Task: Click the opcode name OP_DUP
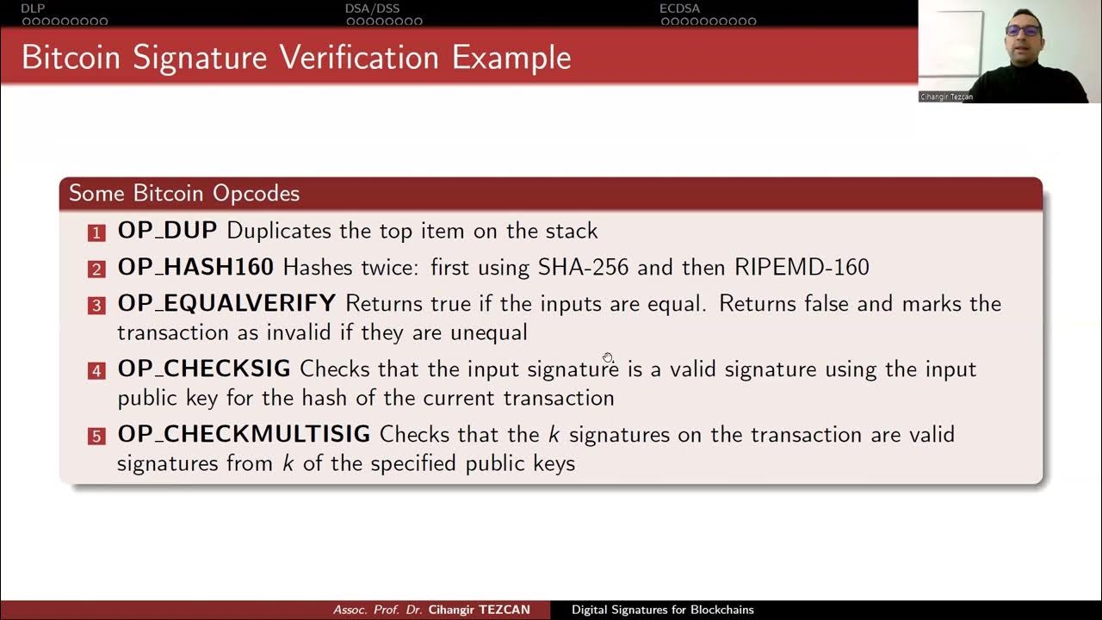point(167,231)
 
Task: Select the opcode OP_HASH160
point(195,267)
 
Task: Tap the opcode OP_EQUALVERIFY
point(226,303)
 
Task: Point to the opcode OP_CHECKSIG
point(203,369)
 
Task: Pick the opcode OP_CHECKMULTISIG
point(244,434)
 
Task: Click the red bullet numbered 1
point(96,232)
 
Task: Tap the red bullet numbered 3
point(96,305)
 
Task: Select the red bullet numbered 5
point(96,436)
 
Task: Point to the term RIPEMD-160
point(802,267)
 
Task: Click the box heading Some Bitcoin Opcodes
point(184,193)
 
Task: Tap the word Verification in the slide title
point(360,58)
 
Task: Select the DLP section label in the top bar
point(33,9)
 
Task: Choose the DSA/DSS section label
point(372,9)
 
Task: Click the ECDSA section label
point(680,9)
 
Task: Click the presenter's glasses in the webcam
point(1023,30)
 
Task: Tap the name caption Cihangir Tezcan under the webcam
point(946,97)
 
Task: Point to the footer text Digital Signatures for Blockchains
point(663,610)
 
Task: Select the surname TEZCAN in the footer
point(505,610)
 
